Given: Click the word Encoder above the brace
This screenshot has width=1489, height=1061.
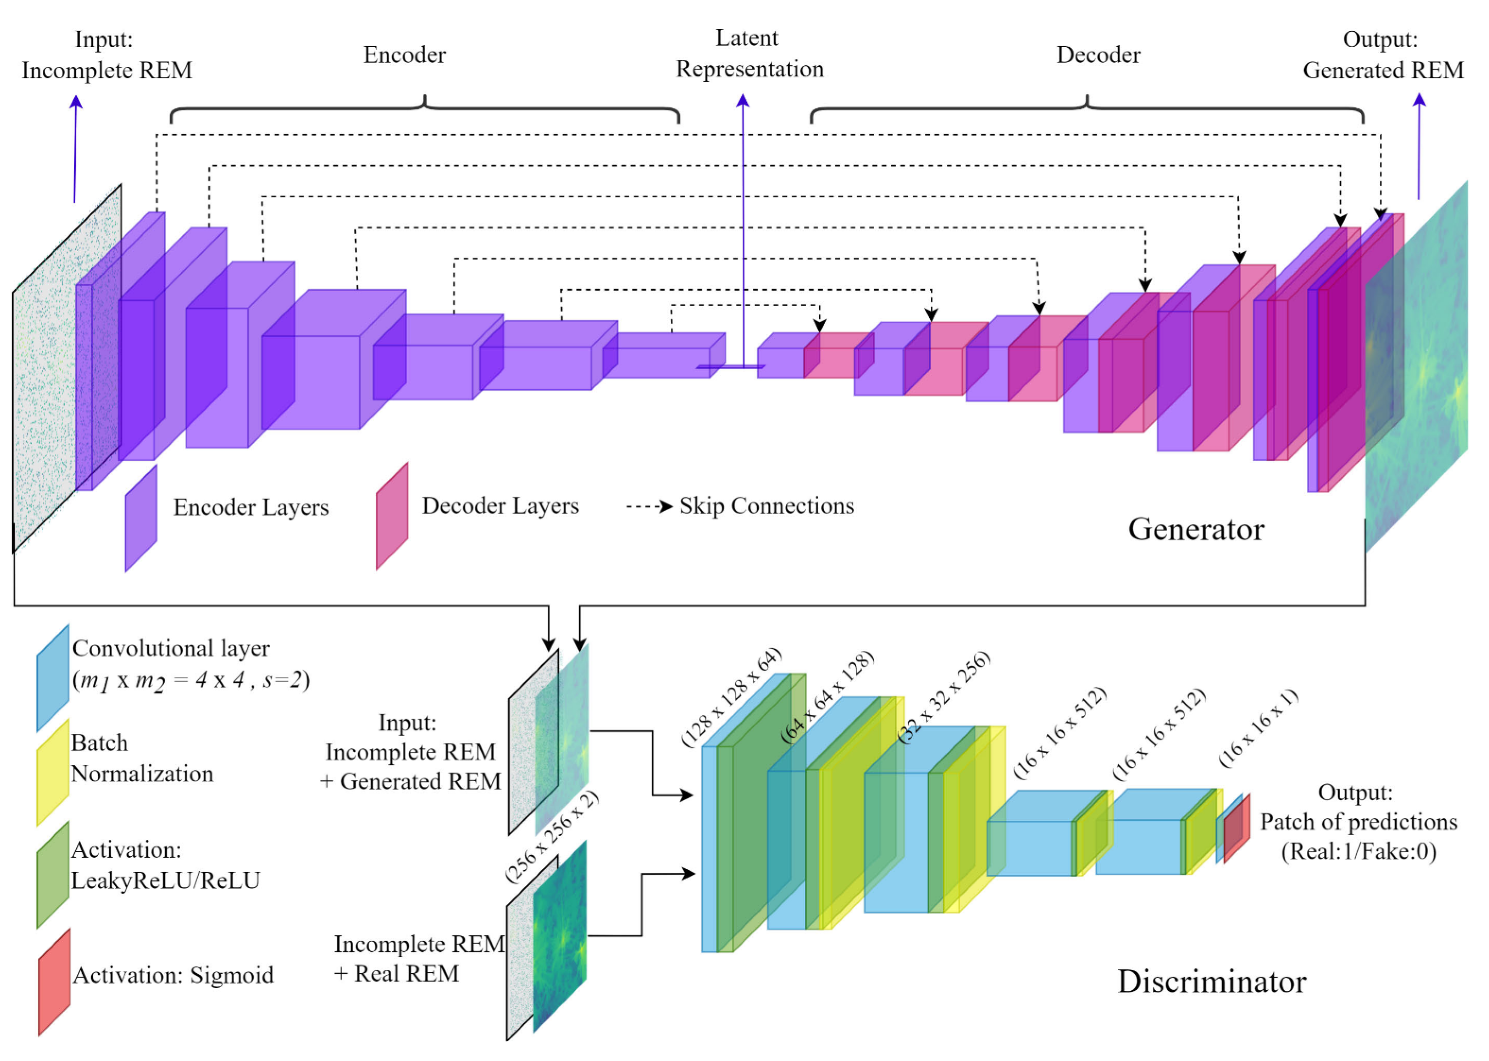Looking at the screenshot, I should coord(404,55).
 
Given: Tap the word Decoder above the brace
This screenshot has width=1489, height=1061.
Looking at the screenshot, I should coord(1098,55).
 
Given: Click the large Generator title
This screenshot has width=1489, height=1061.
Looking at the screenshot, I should coord(1196,529).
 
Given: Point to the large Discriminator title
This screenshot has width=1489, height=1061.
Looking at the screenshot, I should coord(1211,981).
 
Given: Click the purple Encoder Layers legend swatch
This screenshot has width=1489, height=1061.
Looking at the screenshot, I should coord(141,518).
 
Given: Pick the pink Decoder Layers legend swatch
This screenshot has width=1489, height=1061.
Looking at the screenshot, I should coord(392,516).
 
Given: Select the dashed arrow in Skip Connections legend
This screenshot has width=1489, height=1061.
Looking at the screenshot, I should coord(649,507).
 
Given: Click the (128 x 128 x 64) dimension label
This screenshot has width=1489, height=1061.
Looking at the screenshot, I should coord(732,696).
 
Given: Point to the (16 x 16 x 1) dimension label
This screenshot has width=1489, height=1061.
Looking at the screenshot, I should coord(1259,728).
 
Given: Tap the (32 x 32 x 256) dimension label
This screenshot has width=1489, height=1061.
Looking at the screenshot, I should coord(944,696).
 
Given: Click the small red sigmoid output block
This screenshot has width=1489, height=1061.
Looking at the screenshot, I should coord(1236,828).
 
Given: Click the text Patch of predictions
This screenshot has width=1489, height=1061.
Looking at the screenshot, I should coord(1359,822).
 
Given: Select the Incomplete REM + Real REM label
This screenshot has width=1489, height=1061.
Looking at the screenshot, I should coord(418,958).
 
